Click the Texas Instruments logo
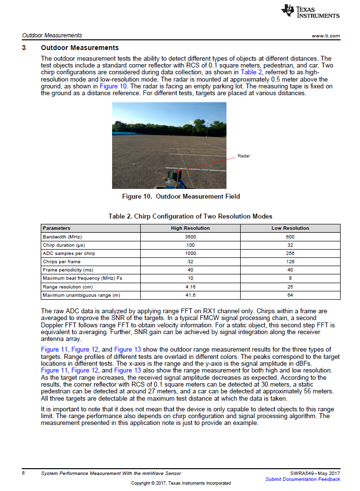pos(311,12)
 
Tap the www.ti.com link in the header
pos(326,36)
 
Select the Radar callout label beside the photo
pos(244,156)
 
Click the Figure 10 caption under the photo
pos(180,197)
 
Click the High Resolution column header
pos(190,228)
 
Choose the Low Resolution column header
pos(290,228)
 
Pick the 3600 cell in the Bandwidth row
pos(190,237)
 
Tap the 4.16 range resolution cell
pos(190,287)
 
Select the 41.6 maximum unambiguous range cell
pos(190,295)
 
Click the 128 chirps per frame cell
pos(290,261)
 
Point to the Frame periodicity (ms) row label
pos(68,270)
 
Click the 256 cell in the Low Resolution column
pos(290,253)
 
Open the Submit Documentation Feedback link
pos(303,479)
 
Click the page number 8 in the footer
pos(23,473)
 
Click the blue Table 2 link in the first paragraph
pos(251,71)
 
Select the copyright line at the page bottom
pos(180,483)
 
